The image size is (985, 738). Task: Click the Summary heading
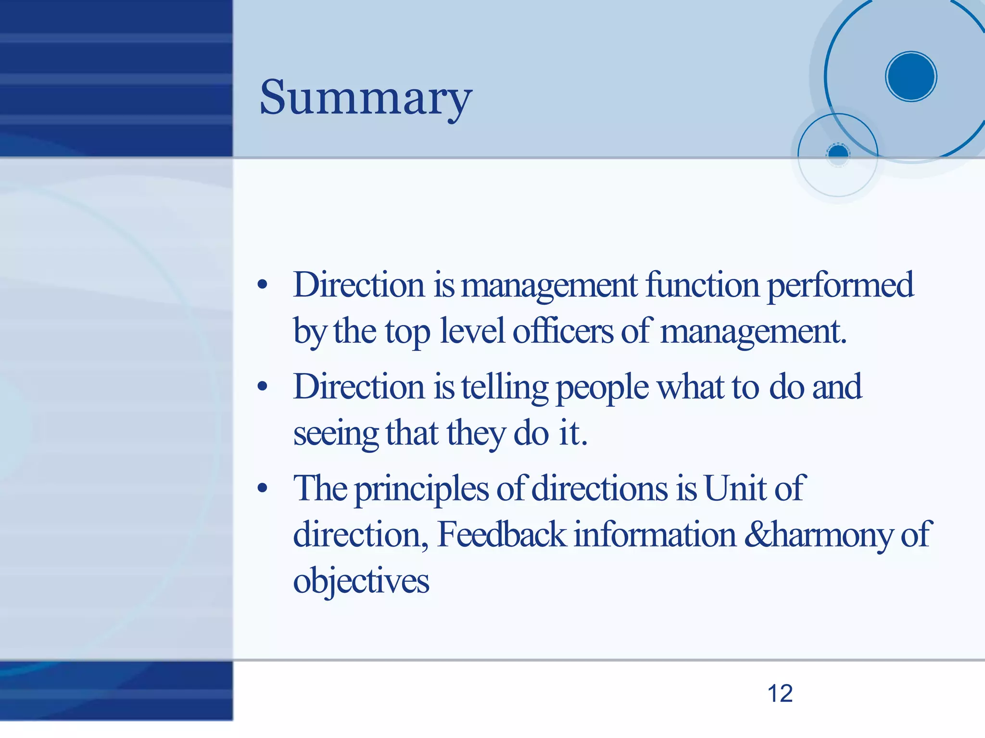pyautogui.click(x=366, y=98)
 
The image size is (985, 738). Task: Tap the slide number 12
pyautogui.click(x=780, y=694)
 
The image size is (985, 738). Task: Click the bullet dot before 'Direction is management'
pyautogui.click(x=262, y=285)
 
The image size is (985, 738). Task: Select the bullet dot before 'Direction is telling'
pyautogui.click(x=262, y=387)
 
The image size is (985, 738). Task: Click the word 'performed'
pyautogui.click(x=840, y=285)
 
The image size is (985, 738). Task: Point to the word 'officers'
pyautogui.click(x=563, y=332)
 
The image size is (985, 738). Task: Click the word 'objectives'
pyautogui.click(x=361, y=581)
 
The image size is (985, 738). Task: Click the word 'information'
pyautogui.click(x=655, y=535)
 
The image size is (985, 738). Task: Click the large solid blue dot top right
pyautogui.click(x=911, y=76)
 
